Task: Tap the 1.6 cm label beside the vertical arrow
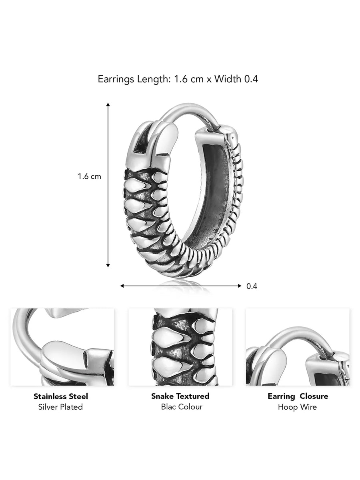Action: (90, 176)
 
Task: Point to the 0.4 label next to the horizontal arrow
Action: (252, 286)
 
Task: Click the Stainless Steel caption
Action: (61, 396)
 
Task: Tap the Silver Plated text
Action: (61, 407)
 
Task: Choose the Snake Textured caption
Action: (180, 396)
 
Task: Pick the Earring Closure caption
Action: (298, 396)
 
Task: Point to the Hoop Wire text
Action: (298, 407)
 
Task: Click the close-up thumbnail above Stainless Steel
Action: (62, 347)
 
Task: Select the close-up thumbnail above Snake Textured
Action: (180, 347)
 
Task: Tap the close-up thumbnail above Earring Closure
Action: (298, 347)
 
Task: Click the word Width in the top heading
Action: (228, 79)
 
